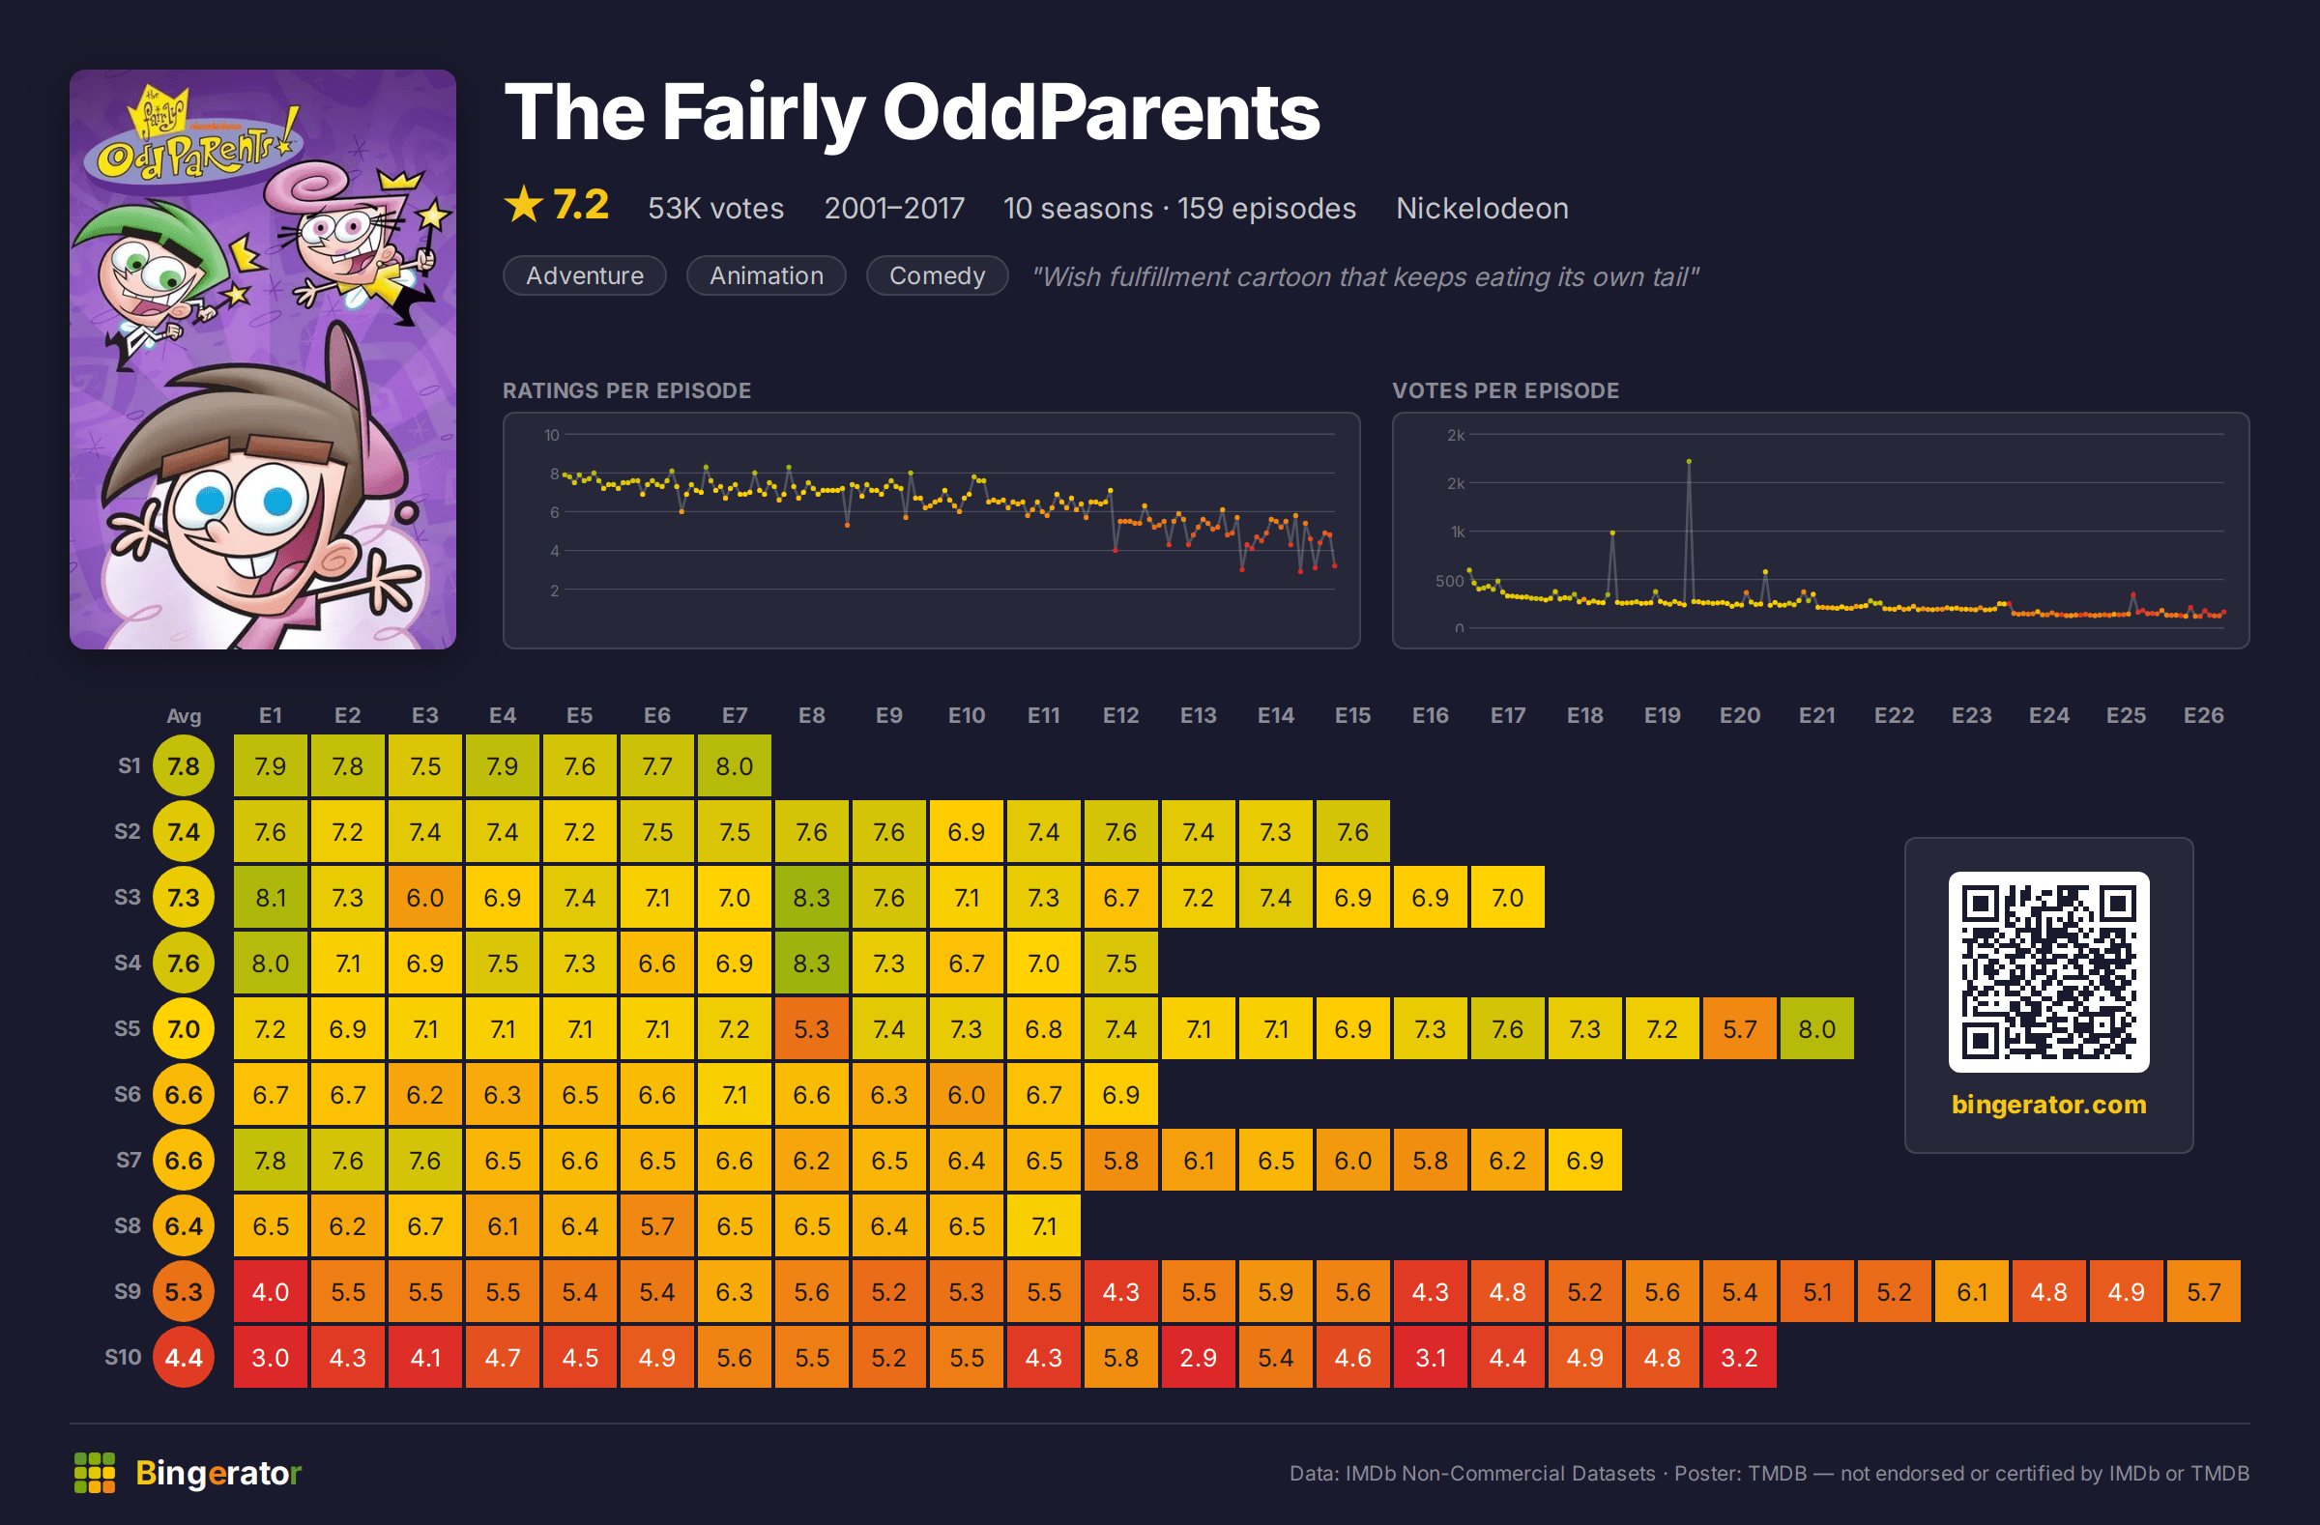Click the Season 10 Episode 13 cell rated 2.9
(1198, 1357)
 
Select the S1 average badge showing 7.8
(184, 766)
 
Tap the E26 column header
(2203, 715)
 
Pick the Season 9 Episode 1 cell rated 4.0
(270, 1291)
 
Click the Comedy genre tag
(937, 275)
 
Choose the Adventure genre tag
(585, 275)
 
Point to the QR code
(2048, 971)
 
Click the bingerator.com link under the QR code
(2048, 1104)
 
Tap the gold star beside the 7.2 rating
(524, 205)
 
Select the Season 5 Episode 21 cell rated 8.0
(1817, 1028)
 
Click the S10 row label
(123, 1357)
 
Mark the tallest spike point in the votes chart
(1689, 461)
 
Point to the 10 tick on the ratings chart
(552, 435)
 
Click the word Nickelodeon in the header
(1482, 208)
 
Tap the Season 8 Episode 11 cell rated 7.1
(1043, 1224)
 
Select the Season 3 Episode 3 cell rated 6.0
(425, 897)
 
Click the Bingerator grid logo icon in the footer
(95, 1473)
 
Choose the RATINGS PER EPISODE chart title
(626, 390)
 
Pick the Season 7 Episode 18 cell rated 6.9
(1585, 1160)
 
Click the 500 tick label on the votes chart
(1449, 581)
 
